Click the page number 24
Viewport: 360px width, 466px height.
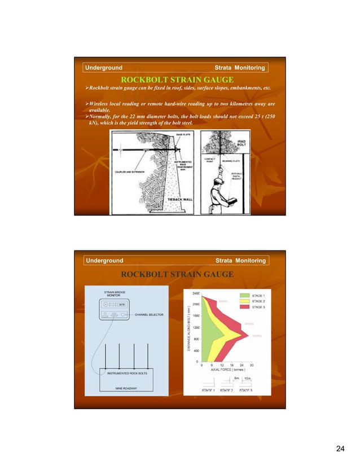[x=340, y=448]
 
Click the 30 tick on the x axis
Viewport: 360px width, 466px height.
[x=252, y=365]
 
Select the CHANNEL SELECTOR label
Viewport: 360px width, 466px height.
[x=150, y=315]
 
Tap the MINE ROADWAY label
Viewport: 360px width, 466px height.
[x=126, y=388]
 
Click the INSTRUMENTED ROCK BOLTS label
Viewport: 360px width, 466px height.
[x=126, y=372]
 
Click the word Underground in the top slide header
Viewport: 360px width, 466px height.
[x=104, y=68]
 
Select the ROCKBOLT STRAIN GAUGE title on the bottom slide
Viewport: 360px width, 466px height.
[x=178, y=274]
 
